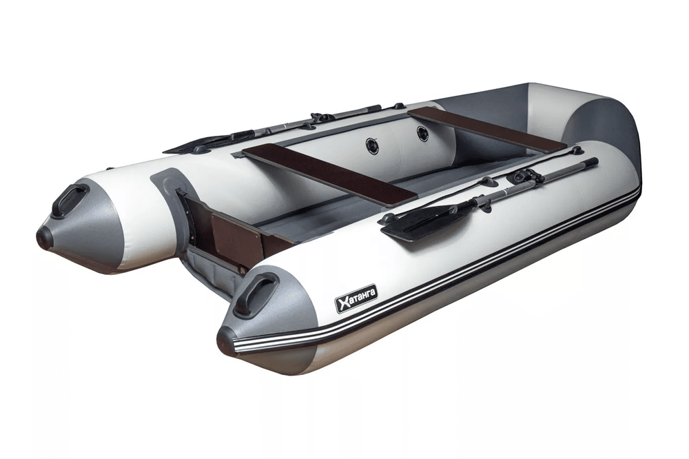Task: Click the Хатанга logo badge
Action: [x=356, y=299]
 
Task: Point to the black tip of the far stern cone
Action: [x=44, y=238]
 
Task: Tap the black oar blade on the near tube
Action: [x=417, y=221]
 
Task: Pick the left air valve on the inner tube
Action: [x=373, y=145]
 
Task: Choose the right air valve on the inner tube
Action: [x=422, y=134]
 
